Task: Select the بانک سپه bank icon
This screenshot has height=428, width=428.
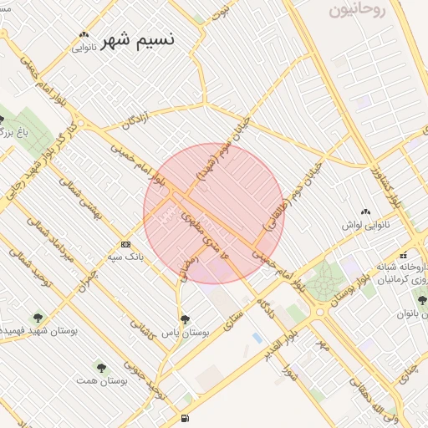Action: pos(126,244)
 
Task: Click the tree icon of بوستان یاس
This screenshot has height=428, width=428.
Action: pos(185,318)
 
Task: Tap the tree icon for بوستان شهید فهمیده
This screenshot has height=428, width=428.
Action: pos(38,317)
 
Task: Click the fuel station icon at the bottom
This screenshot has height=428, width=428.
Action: pos(184,418)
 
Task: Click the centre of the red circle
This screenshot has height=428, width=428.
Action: pos(214,213)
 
